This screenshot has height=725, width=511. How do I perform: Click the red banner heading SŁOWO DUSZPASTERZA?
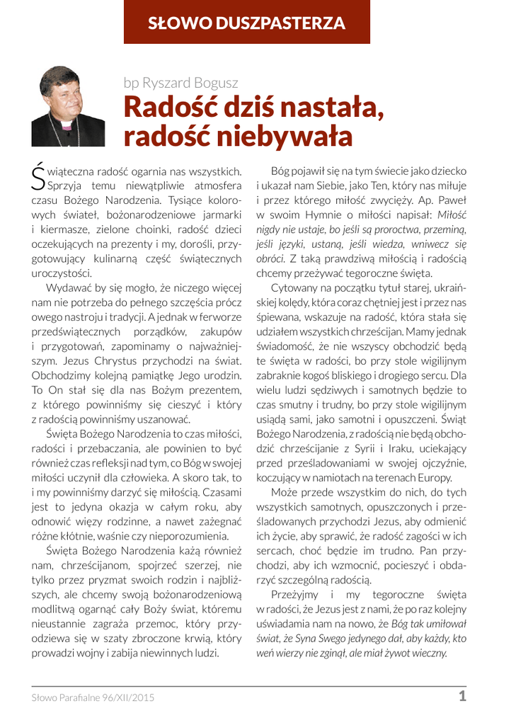click(x=247, y=23)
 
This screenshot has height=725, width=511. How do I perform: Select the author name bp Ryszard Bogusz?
click(x=180, y=82)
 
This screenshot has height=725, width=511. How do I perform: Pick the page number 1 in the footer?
click(x=462, y=696)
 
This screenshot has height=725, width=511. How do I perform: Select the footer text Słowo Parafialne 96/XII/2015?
click(x=93, y=697)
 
